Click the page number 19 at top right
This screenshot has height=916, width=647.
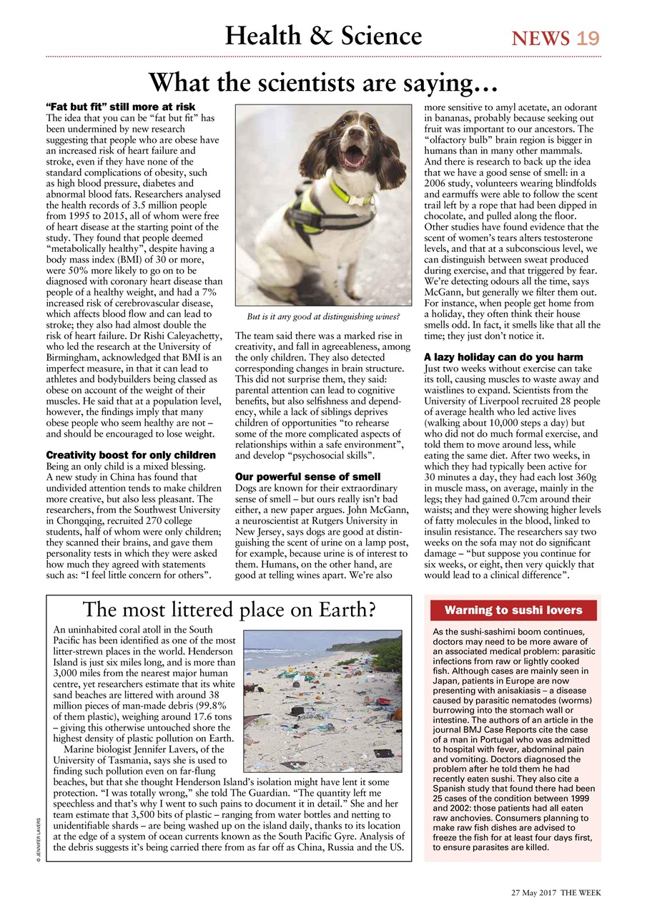click(x=588, y=37)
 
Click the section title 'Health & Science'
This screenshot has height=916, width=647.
click(x=323, y=35)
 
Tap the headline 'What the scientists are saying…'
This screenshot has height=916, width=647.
click(x=322, y=83)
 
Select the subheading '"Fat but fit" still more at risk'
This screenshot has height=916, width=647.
click(x=121, y=107)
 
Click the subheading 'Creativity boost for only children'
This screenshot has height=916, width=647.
click(x=131, y=455)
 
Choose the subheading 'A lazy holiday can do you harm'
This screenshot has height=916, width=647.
click(x=503, y=356)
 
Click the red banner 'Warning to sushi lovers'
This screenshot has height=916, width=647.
click(x=513, y=610)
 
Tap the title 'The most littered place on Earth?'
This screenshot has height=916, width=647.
click(x=229, y=610)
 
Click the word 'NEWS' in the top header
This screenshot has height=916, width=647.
click(x=540, y=37)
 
